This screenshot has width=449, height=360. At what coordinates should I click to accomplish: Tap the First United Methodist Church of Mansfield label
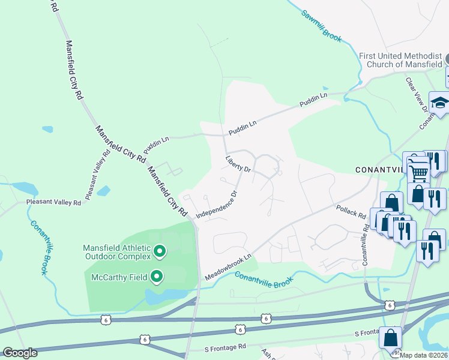tap(400, 60)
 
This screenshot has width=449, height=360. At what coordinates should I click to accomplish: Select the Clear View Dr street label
tap(417, 94)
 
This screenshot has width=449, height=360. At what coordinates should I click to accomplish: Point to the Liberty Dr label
tap(237, 164)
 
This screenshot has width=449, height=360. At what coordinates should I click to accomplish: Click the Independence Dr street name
tap(217, 204)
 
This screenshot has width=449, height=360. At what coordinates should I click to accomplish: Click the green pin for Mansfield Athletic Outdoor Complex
tap(160, 251)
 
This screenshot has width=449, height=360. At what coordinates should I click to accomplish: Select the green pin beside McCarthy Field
tap(157, 277)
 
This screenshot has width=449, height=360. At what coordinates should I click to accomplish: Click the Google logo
tap(19, 353)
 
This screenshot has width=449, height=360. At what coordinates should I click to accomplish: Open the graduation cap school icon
tap(440, 103)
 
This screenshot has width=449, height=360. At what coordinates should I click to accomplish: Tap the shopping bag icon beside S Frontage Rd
tap(391, 338)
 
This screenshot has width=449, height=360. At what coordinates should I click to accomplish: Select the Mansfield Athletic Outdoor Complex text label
tap(117, 251)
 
